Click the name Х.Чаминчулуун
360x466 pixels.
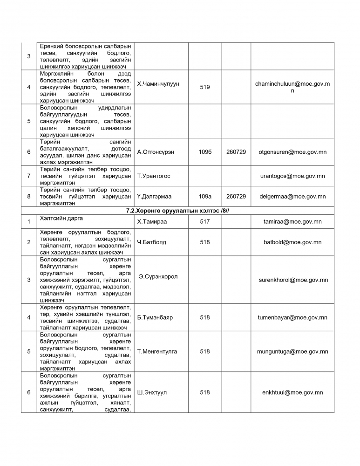pyautogui.click(x=158, y=83)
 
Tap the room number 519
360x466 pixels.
pyautogui.click(x=204, y=87)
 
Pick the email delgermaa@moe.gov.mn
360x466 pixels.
pyautogui.click(x=292, y=196)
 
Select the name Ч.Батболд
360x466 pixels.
pyautogui.click(x=152, y=242)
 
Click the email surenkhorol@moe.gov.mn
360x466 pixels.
pyautogui.click(x=293, y=280)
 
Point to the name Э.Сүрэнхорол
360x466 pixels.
pyautogui.click(x=158, y=276)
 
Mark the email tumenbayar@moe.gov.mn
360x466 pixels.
pyautogui.click(x=292, y=317)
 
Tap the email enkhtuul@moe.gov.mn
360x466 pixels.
pyautogui.click(x=292, y=392)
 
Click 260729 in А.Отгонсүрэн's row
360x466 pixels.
pyautogui.click(x=236, y=152)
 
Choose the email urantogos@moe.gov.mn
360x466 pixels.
pyautogui.click(x=292, y=176)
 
